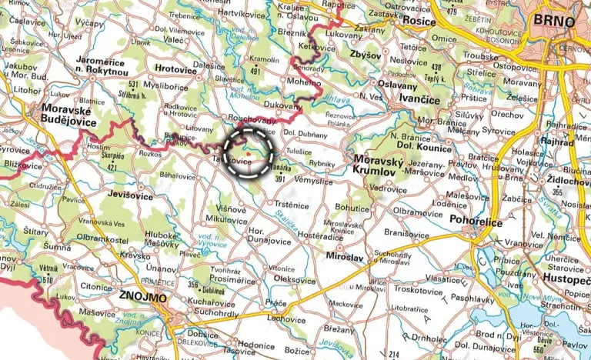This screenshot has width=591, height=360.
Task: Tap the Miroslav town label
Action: [344, 257]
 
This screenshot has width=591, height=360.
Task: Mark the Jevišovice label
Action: [139, 195]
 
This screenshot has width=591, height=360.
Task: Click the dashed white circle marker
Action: [249, 152]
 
